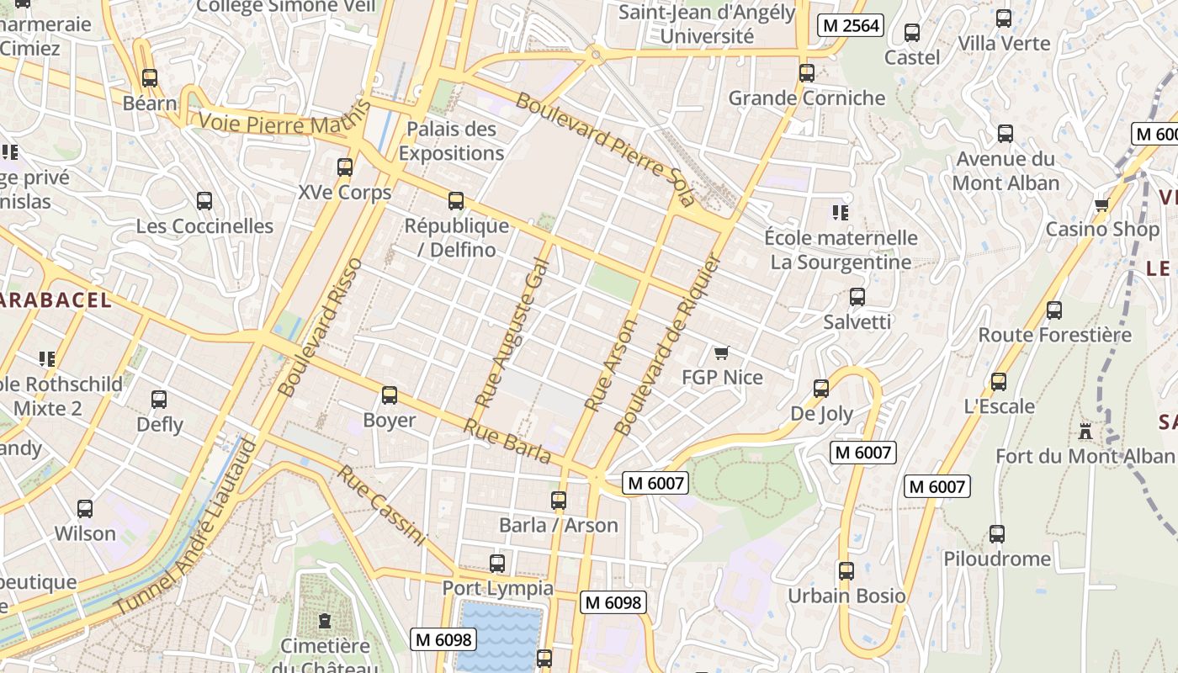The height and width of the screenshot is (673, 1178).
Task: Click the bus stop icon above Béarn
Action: coord(150,78)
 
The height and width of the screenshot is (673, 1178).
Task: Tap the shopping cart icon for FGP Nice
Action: coord(721,352)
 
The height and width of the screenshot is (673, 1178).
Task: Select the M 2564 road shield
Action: coord(851,25)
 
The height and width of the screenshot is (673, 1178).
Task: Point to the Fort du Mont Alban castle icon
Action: coord(1085,432)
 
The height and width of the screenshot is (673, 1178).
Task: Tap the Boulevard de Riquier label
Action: coord(668,345)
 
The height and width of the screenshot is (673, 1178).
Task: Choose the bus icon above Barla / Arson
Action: coord(558,501)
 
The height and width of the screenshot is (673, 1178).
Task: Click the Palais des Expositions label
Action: coord(451,141)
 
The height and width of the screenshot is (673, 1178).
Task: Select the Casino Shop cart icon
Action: coord(1101,204)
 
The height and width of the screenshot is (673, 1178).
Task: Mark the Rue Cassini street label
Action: coord(381,505)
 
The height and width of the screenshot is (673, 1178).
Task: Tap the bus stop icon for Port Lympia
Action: coord(497,564)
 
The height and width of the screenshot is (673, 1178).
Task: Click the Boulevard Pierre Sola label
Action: coord(606,150)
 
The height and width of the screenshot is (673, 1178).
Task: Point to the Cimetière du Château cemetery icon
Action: coord(325,622)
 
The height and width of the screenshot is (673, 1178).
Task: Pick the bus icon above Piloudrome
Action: coord(997,534)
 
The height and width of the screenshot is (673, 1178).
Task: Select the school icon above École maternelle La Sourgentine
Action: coord(839,212)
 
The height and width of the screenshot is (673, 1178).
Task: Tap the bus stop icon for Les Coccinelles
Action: coord(204,201)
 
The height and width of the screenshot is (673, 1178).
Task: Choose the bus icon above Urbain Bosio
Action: coord(846,571)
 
